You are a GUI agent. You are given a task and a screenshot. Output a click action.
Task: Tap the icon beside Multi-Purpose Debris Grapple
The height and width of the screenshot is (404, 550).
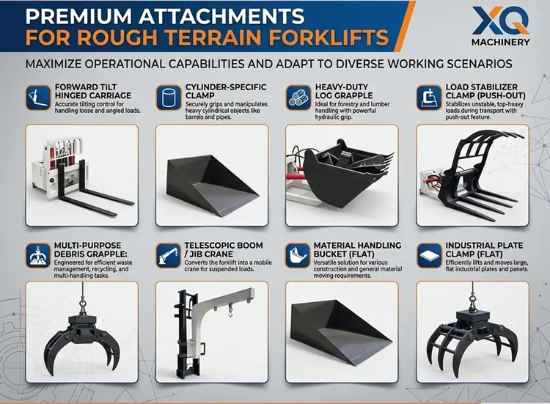pos(34,255)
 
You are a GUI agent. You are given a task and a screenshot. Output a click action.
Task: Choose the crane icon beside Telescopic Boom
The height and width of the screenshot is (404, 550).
pos(166,255)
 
